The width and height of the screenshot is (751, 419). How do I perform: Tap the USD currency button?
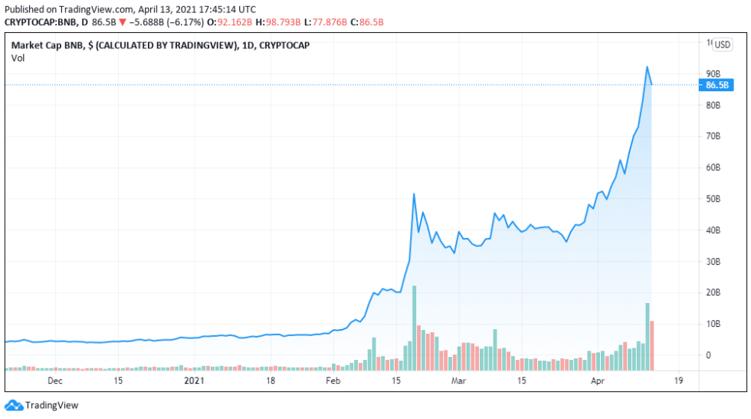click(723, 45)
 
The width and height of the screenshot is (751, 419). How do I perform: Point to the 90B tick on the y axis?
click(713, 74)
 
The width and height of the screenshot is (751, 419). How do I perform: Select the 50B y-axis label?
click(713, 199)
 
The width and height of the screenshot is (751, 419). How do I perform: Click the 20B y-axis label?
click(713, 292)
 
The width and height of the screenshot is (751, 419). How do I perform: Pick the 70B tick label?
click(713, 136)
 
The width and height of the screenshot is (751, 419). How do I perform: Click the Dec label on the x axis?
click(55, 380)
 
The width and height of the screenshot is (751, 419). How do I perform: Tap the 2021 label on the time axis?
click(195, 380)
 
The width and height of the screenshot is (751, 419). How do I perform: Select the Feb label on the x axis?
click(333, 380)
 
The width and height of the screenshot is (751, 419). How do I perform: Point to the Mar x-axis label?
click(458, 380)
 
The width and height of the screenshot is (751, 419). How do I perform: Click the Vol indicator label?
click(17, 58)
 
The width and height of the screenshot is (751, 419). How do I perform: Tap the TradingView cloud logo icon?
click(14, 405)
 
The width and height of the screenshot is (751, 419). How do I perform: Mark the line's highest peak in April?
click(648, 67)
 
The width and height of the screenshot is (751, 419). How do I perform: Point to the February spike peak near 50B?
click(414, 194)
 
